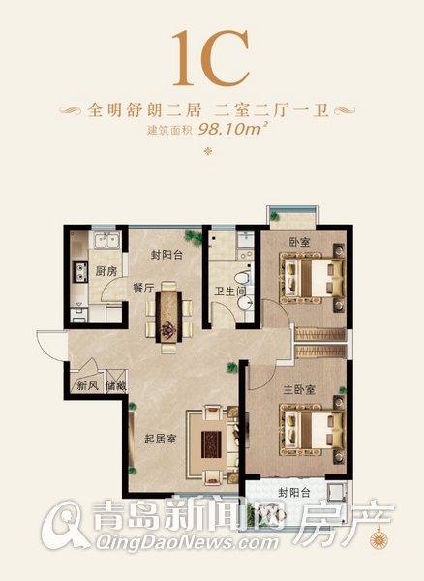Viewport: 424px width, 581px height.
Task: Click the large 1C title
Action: tap(211, 58)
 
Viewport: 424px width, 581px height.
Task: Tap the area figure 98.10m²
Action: tap(233, 129)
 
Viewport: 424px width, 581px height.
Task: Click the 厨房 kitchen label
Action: tap(106, 271)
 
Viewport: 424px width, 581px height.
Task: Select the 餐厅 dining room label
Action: tap(143, 288)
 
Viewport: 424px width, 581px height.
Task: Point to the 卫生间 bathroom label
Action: tap(230, 291)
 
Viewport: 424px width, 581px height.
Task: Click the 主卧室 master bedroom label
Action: tap(299, 389)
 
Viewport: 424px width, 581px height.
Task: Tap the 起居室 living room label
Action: tap(160, 439)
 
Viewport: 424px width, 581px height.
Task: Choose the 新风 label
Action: tap(88, 385)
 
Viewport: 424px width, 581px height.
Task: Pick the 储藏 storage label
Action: tap(116, 386)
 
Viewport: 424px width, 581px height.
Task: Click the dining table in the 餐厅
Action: tap(168, 318)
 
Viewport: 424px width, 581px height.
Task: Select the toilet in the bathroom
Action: tap(243, 278)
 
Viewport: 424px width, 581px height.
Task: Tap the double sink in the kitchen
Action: tap(106, 240)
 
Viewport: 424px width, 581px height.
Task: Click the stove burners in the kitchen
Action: tap(80, 271)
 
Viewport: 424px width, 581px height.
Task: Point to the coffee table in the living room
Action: tap(211, 444)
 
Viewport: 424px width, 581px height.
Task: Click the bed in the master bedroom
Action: tap(313, 429)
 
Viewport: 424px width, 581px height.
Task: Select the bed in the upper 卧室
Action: tap(313, 278)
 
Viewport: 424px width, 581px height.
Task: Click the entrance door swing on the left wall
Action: tap(51, 346)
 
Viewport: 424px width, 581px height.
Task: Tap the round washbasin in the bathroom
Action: tap(244, 303)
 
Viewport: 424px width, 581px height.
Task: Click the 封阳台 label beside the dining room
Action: tap(167, 255)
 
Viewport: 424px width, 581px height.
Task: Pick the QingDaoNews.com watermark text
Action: tap(187, 543)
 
